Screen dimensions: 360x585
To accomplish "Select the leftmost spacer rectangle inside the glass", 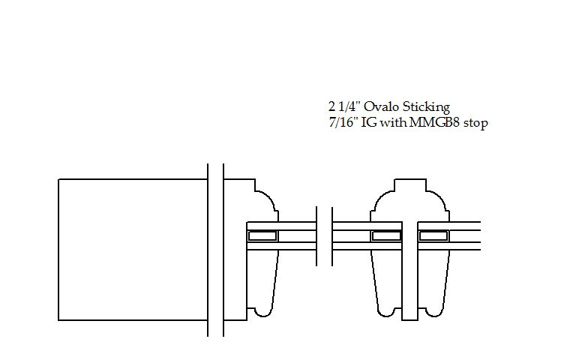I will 263,235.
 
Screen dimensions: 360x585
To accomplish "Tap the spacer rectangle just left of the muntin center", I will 386,235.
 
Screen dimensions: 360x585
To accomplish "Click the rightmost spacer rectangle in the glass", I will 433,235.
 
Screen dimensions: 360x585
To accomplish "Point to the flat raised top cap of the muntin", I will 409,185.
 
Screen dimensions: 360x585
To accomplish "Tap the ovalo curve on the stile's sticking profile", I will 267,201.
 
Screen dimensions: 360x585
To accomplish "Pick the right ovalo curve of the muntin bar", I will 438,201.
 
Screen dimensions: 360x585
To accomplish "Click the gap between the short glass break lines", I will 325,235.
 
